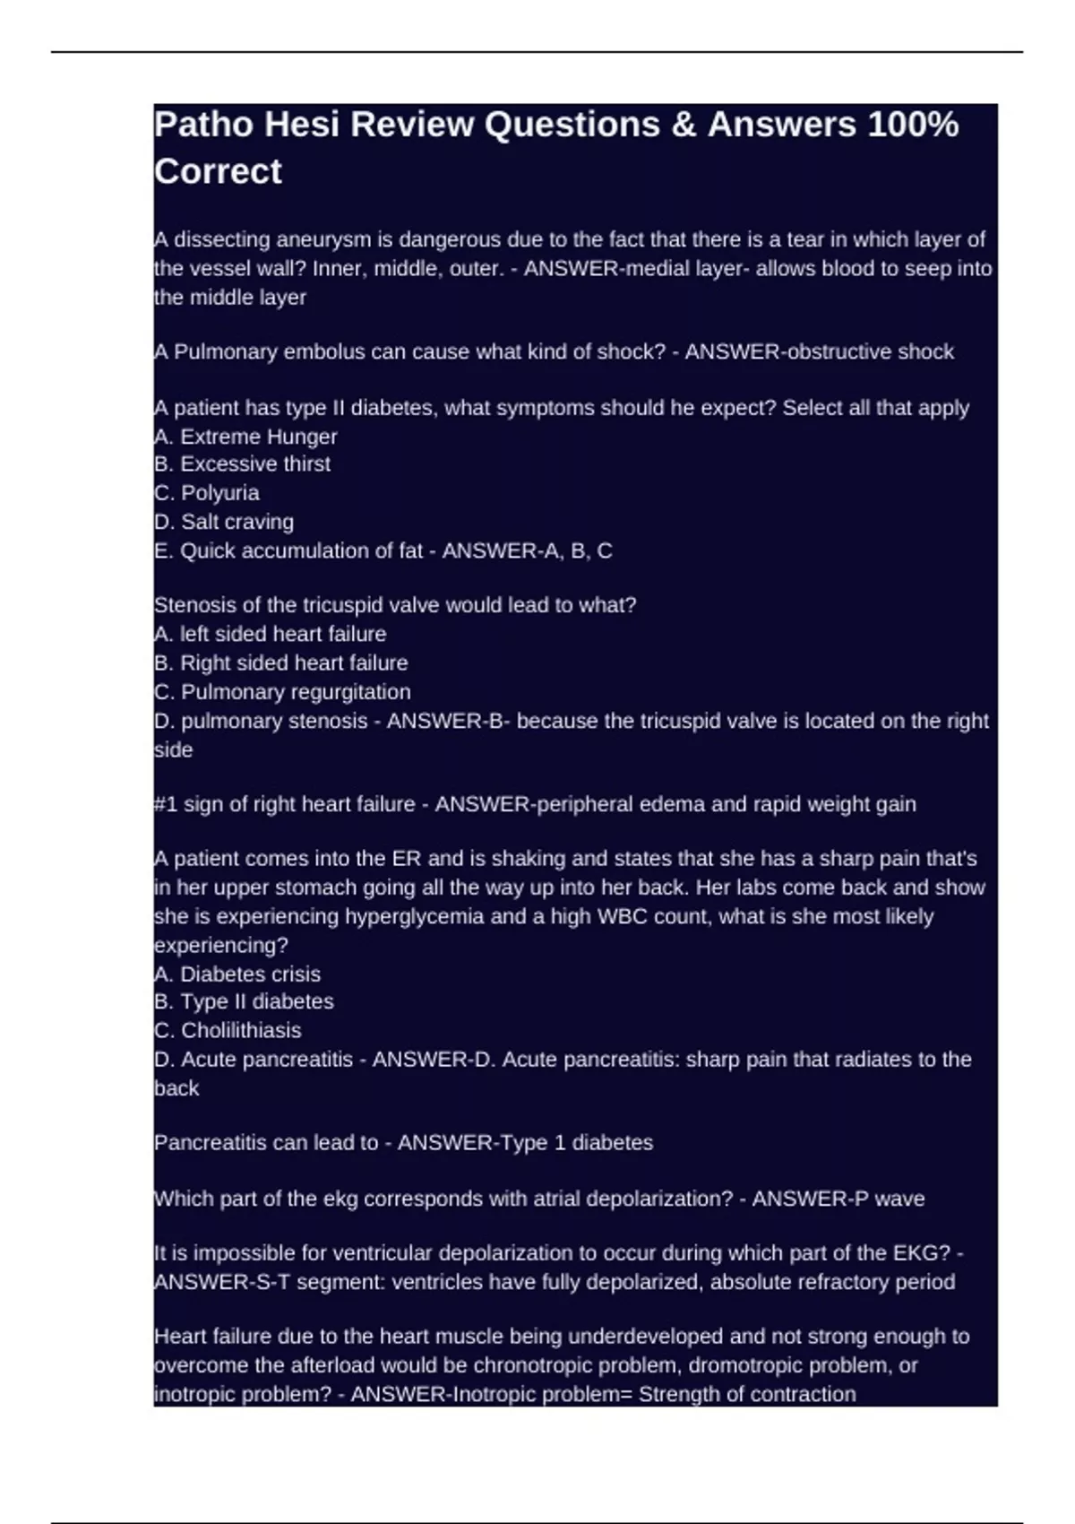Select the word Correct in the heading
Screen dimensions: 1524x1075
(218, 171)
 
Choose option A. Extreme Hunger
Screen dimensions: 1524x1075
(245, 437)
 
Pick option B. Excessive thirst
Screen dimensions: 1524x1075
(242, 464)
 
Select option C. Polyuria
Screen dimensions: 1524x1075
(207, 493)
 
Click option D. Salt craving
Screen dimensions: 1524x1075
(224, 522)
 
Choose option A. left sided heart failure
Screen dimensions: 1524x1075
(271, 634)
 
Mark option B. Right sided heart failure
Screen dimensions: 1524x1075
(281, 663)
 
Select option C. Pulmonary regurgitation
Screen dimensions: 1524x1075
(282, 692)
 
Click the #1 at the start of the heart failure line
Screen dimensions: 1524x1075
(165, 804)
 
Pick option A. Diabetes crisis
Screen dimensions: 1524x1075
(237, 974)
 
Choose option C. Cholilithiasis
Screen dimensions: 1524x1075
(228, 1031)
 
